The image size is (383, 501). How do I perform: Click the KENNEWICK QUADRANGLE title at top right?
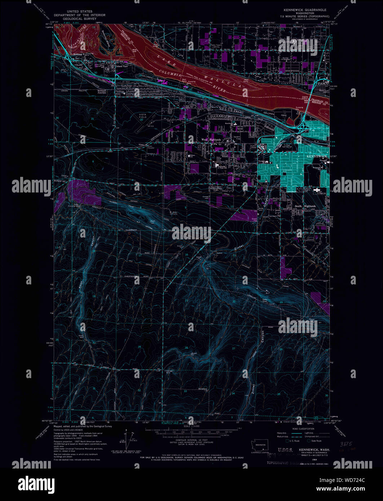point(304,10)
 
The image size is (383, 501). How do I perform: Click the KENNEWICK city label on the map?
point(316,156)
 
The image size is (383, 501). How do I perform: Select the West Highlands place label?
point(211,139)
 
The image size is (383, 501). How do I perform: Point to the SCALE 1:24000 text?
point(191,427)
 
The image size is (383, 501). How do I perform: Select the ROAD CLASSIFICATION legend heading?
point(304,429)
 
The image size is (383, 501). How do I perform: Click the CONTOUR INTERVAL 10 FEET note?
point(191,441)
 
